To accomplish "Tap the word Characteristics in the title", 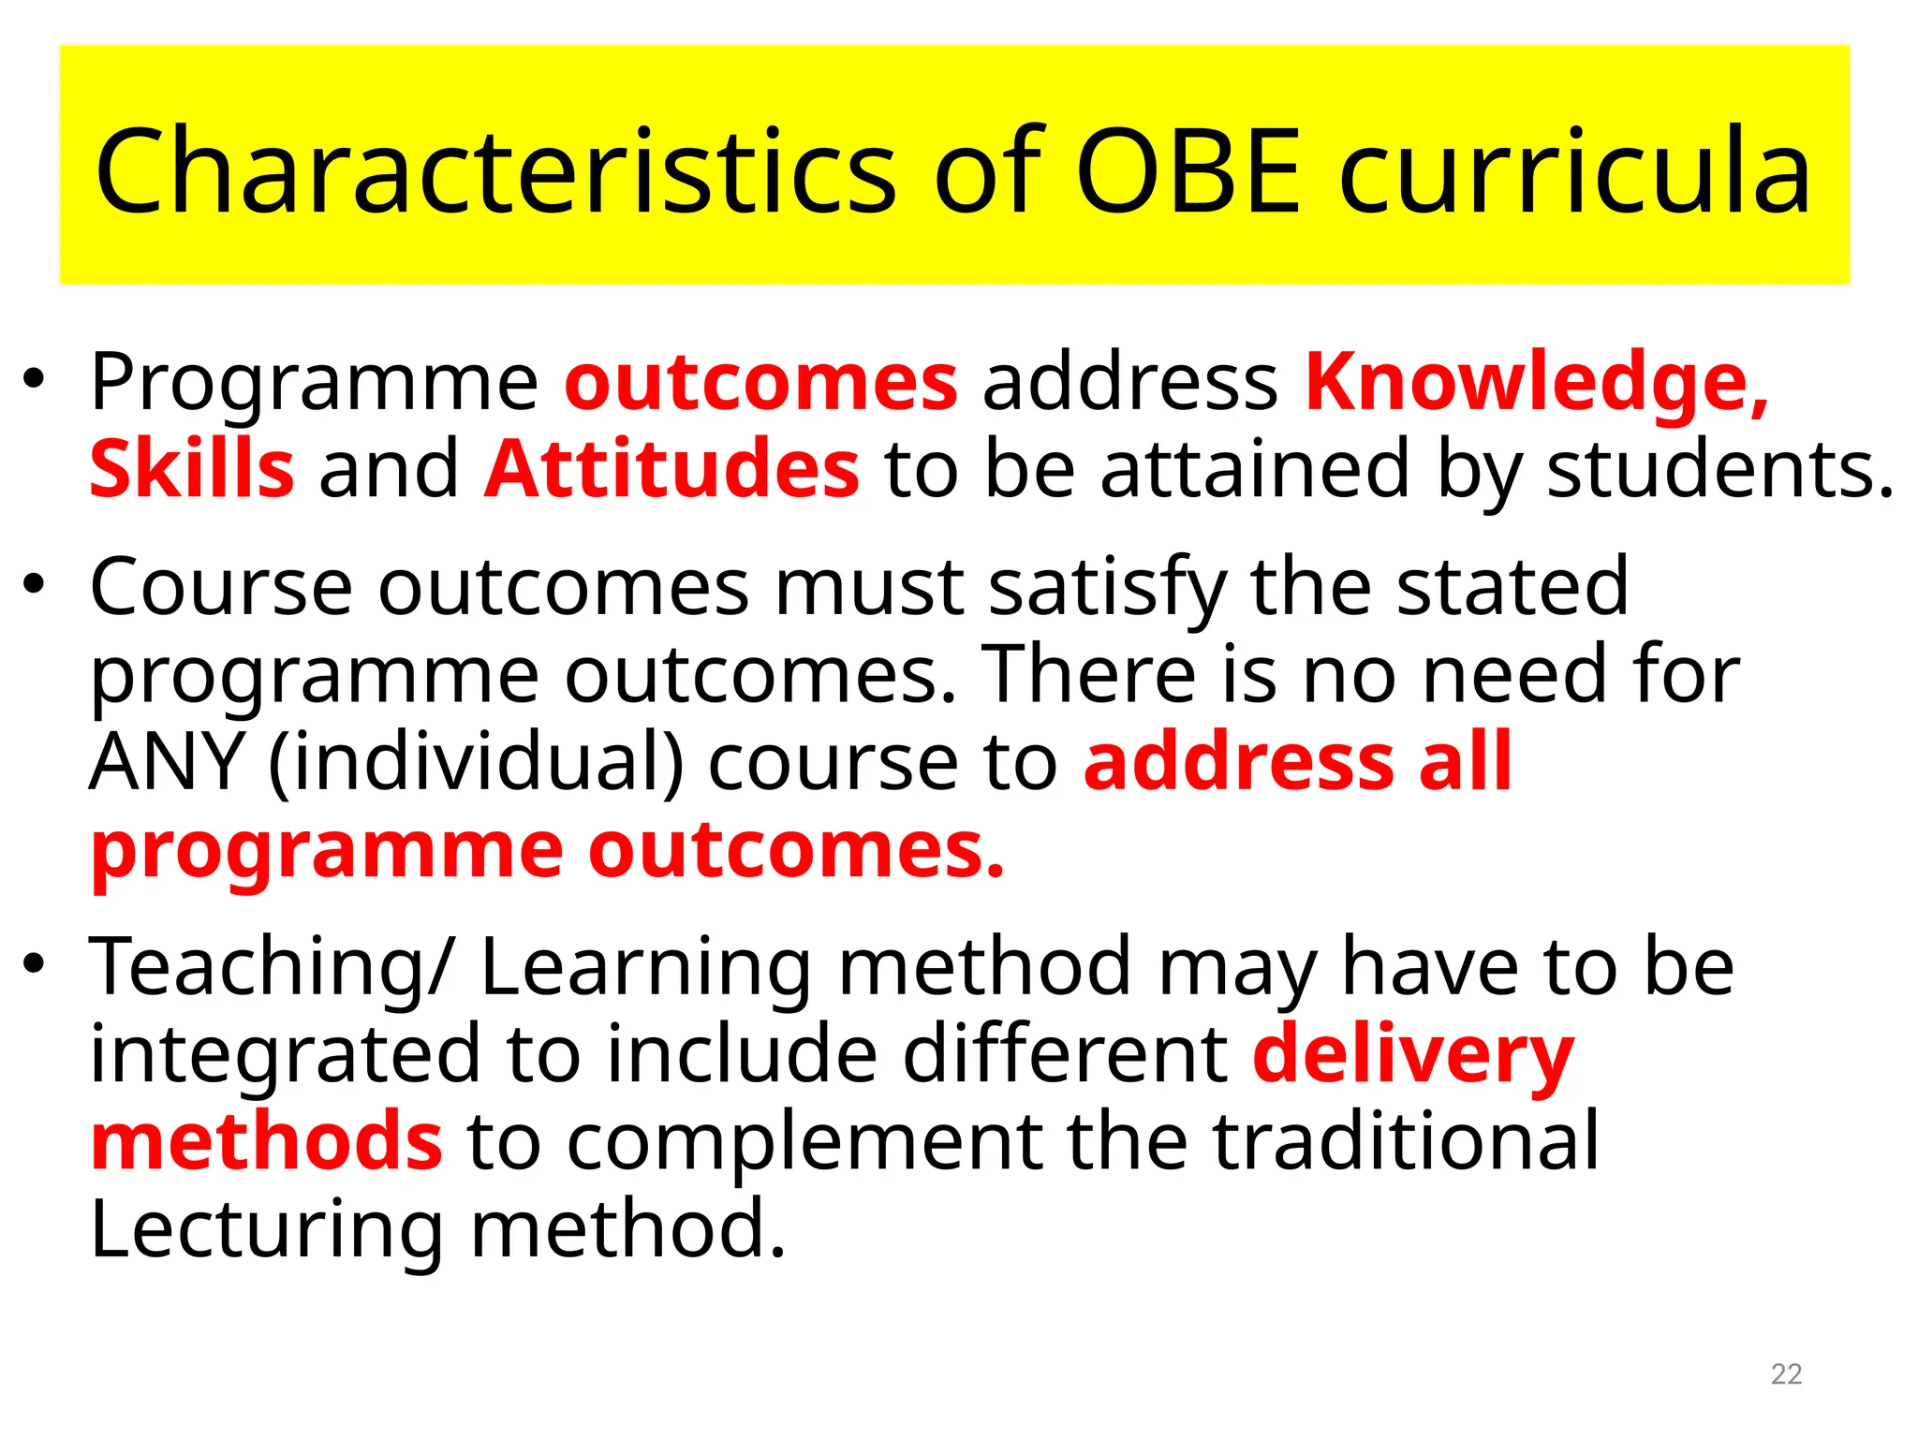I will [496, 170].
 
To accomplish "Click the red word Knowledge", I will [1536, 382].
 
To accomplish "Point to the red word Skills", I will [192, 468].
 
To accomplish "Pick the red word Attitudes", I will [671, 468].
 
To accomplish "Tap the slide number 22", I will [1786, 1373].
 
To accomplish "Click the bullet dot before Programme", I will [35, 380].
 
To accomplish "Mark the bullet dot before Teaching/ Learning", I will [35, 964].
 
